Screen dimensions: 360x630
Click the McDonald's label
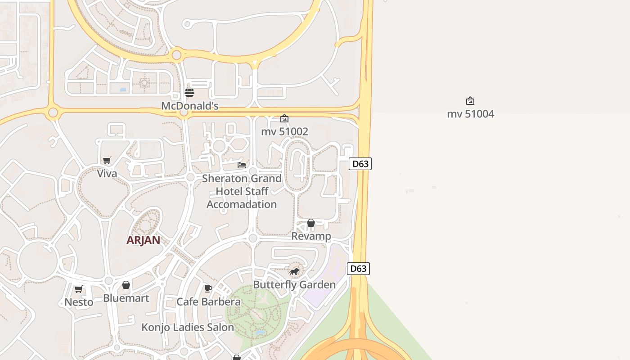tap(190, 106)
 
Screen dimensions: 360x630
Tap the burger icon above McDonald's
tap(189, 93)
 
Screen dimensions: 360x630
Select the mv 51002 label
tap(284, 131)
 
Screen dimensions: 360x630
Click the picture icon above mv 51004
tap(470, 101)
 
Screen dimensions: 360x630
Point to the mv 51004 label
tap(470, 114)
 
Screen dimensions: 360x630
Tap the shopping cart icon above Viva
tap(107, 160)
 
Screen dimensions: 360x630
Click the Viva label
tap(107, 174)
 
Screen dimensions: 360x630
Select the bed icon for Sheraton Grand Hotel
tap(242, 165)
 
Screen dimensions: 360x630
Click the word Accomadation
tap(242, 204)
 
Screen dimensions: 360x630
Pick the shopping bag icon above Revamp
tap(311, 223)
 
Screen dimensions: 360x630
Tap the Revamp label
tap(311, 236)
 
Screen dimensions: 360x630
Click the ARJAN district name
tap(143, 240)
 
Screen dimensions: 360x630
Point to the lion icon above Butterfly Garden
tap(294, 271)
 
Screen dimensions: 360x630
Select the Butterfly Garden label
tap(294, 285)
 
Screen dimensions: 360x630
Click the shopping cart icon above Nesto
tap(79, 289)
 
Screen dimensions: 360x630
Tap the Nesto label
tap(79, 302)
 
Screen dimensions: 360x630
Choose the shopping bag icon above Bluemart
tap(126, 285)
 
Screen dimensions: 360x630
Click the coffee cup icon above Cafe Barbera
tap(208, 288)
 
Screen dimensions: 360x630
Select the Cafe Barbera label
tap(208, 301)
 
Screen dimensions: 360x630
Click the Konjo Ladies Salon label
tap(188, 327)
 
